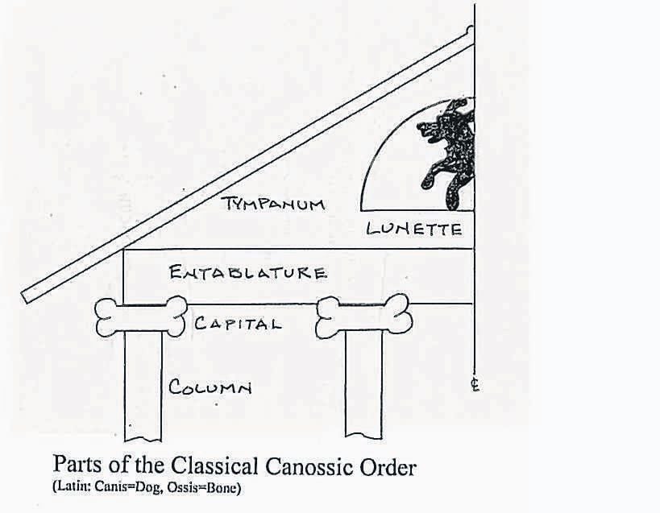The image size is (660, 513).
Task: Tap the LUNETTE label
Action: click(x=413, y=229)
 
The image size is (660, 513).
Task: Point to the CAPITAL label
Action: click(x=238, y=325)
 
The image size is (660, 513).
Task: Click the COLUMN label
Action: click(x=210, y=387)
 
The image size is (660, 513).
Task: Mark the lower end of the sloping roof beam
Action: click(x=27, y=296)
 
